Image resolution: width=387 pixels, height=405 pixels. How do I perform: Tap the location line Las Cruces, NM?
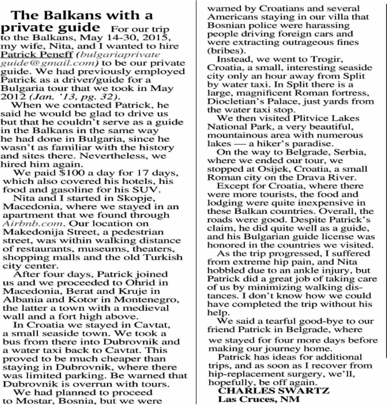pos(258,399)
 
